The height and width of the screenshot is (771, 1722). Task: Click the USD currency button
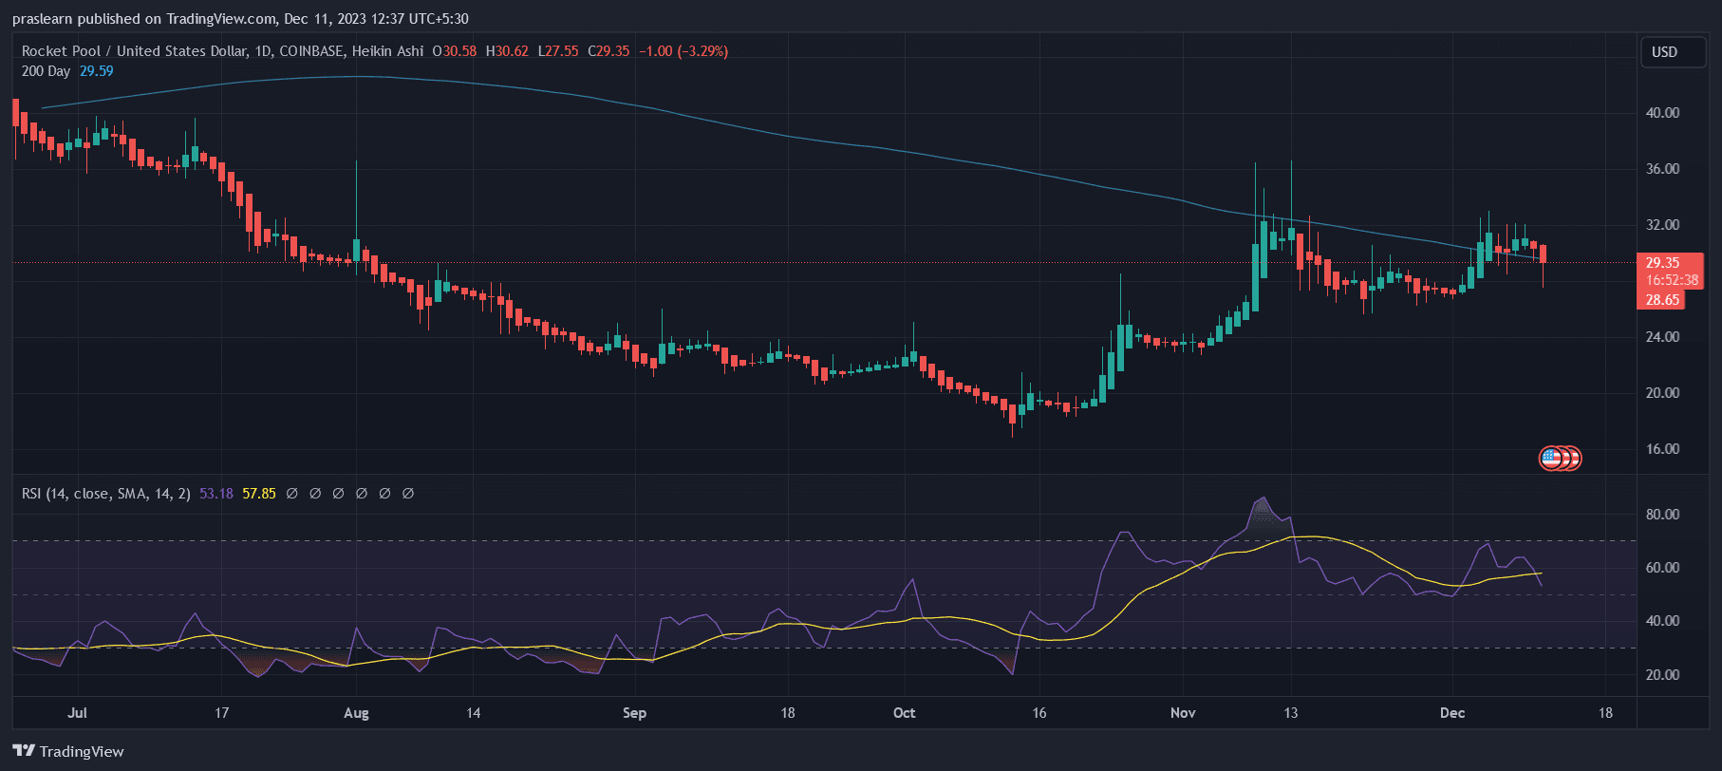click(x=1664, y=52)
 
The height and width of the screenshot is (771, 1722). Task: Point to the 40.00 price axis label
click(x=1662, y=112)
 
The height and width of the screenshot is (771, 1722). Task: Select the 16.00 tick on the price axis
click(x=1662, y=449)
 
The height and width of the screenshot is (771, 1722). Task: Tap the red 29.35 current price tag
click(x=1662, y=263)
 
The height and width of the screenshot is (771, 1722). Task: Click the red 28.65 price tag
click(x=1662, y=300)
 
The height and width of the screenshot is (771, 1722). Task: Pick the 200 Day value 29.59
click(x=96, y=71)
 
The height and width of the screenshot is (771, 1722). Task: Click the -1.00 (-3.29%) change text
click(x=683, y=51)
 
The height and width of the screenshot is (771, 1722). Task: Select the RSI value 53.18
click(x=216, y=494)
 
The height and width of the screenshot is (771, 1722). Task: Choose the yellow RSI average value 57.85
click(x=259, y=494)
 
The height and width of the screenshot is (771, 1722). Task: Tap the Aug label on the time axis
click(x=356, y=713)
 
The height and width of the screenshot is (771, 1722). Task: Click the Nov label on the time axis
click(x=1183, y=713)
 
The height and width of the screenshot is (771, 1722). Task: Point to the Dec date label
click(x=1452, y=713)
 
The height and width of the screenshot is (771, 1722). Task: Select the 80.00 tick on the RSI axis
click(x=1662, y=515)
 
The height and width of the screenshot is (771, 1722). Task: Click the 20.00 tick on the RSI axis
click(x=1662, y=675)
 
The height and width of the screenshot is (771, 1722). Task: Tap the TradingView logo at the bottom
click(x=68, y=751)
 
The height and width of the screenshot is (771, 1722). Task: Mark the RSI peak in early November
click(x=1262, y=498)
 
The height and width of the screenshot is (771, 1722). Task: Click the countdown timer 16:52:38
click(x=1672, y=280)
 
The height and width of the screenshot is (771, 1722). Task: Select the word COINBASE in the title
click(x=311, y=51)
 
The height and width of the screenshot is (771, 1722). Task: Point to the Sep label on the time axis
click(x=634, y=713)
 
